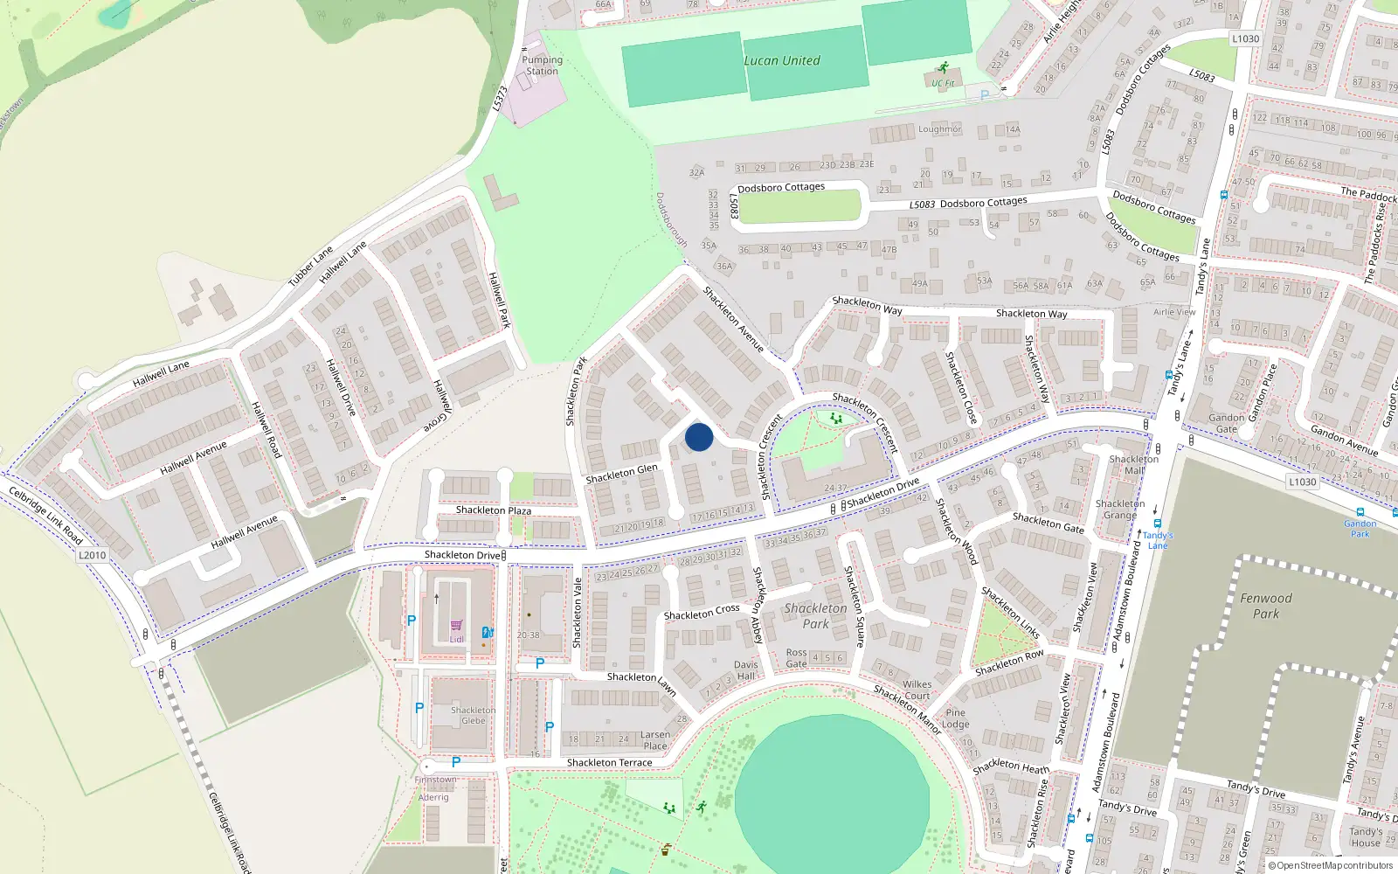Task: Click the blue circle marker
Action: (x=699, y=437)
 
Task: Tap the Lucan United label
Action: (x=782, y=61)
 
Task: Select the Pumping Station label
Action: (x=542, y=66)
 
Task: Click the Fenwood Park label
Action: (x=1265, y=606)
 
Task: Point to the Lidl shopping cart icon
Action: (x=456, y=626)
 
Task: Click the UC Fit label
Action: (x=943, y=84)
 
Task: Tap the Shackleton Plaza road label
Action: (x=493, y=510)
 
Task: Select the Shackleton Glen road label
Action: (x=621, y=474)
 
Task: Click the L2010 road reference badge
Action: (x=92, y=555)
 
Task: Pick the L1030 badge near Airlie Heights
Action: (x=1245, y=38)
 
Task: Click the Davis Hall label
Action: (x=745, y=670)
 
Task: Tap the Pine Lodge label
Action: (x=956, y=718)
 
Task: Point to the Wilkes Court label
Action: (x=917, y=690)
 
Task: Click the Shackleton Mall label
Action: (x=1133, y=464)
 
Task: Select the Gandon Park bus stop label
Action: (x=1360, y=528)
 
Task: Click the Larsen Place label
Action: (x=654, y=740)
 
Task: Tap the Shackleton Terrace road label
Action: (x=609, y=763)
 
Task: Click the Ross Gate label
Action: (x=796, y=658)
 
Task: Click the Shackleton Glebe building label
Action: (x=473, y=715)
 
